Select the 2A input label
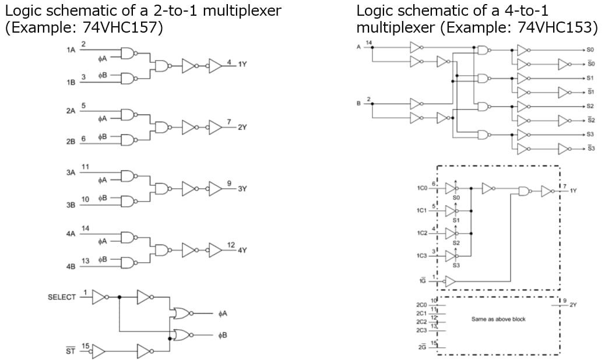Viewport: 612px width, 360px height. click(71, 111)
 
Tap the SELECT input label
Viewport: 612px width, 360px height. click(62, 297)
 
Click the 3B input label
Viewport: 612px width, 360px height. click(71, 206)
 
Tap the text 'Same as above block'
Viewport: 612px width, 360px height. click(499, 319)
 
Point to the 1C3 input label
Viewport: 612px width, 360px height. click(423, 256)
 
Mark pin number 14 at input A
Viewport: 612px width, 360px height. click(368, 43)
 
